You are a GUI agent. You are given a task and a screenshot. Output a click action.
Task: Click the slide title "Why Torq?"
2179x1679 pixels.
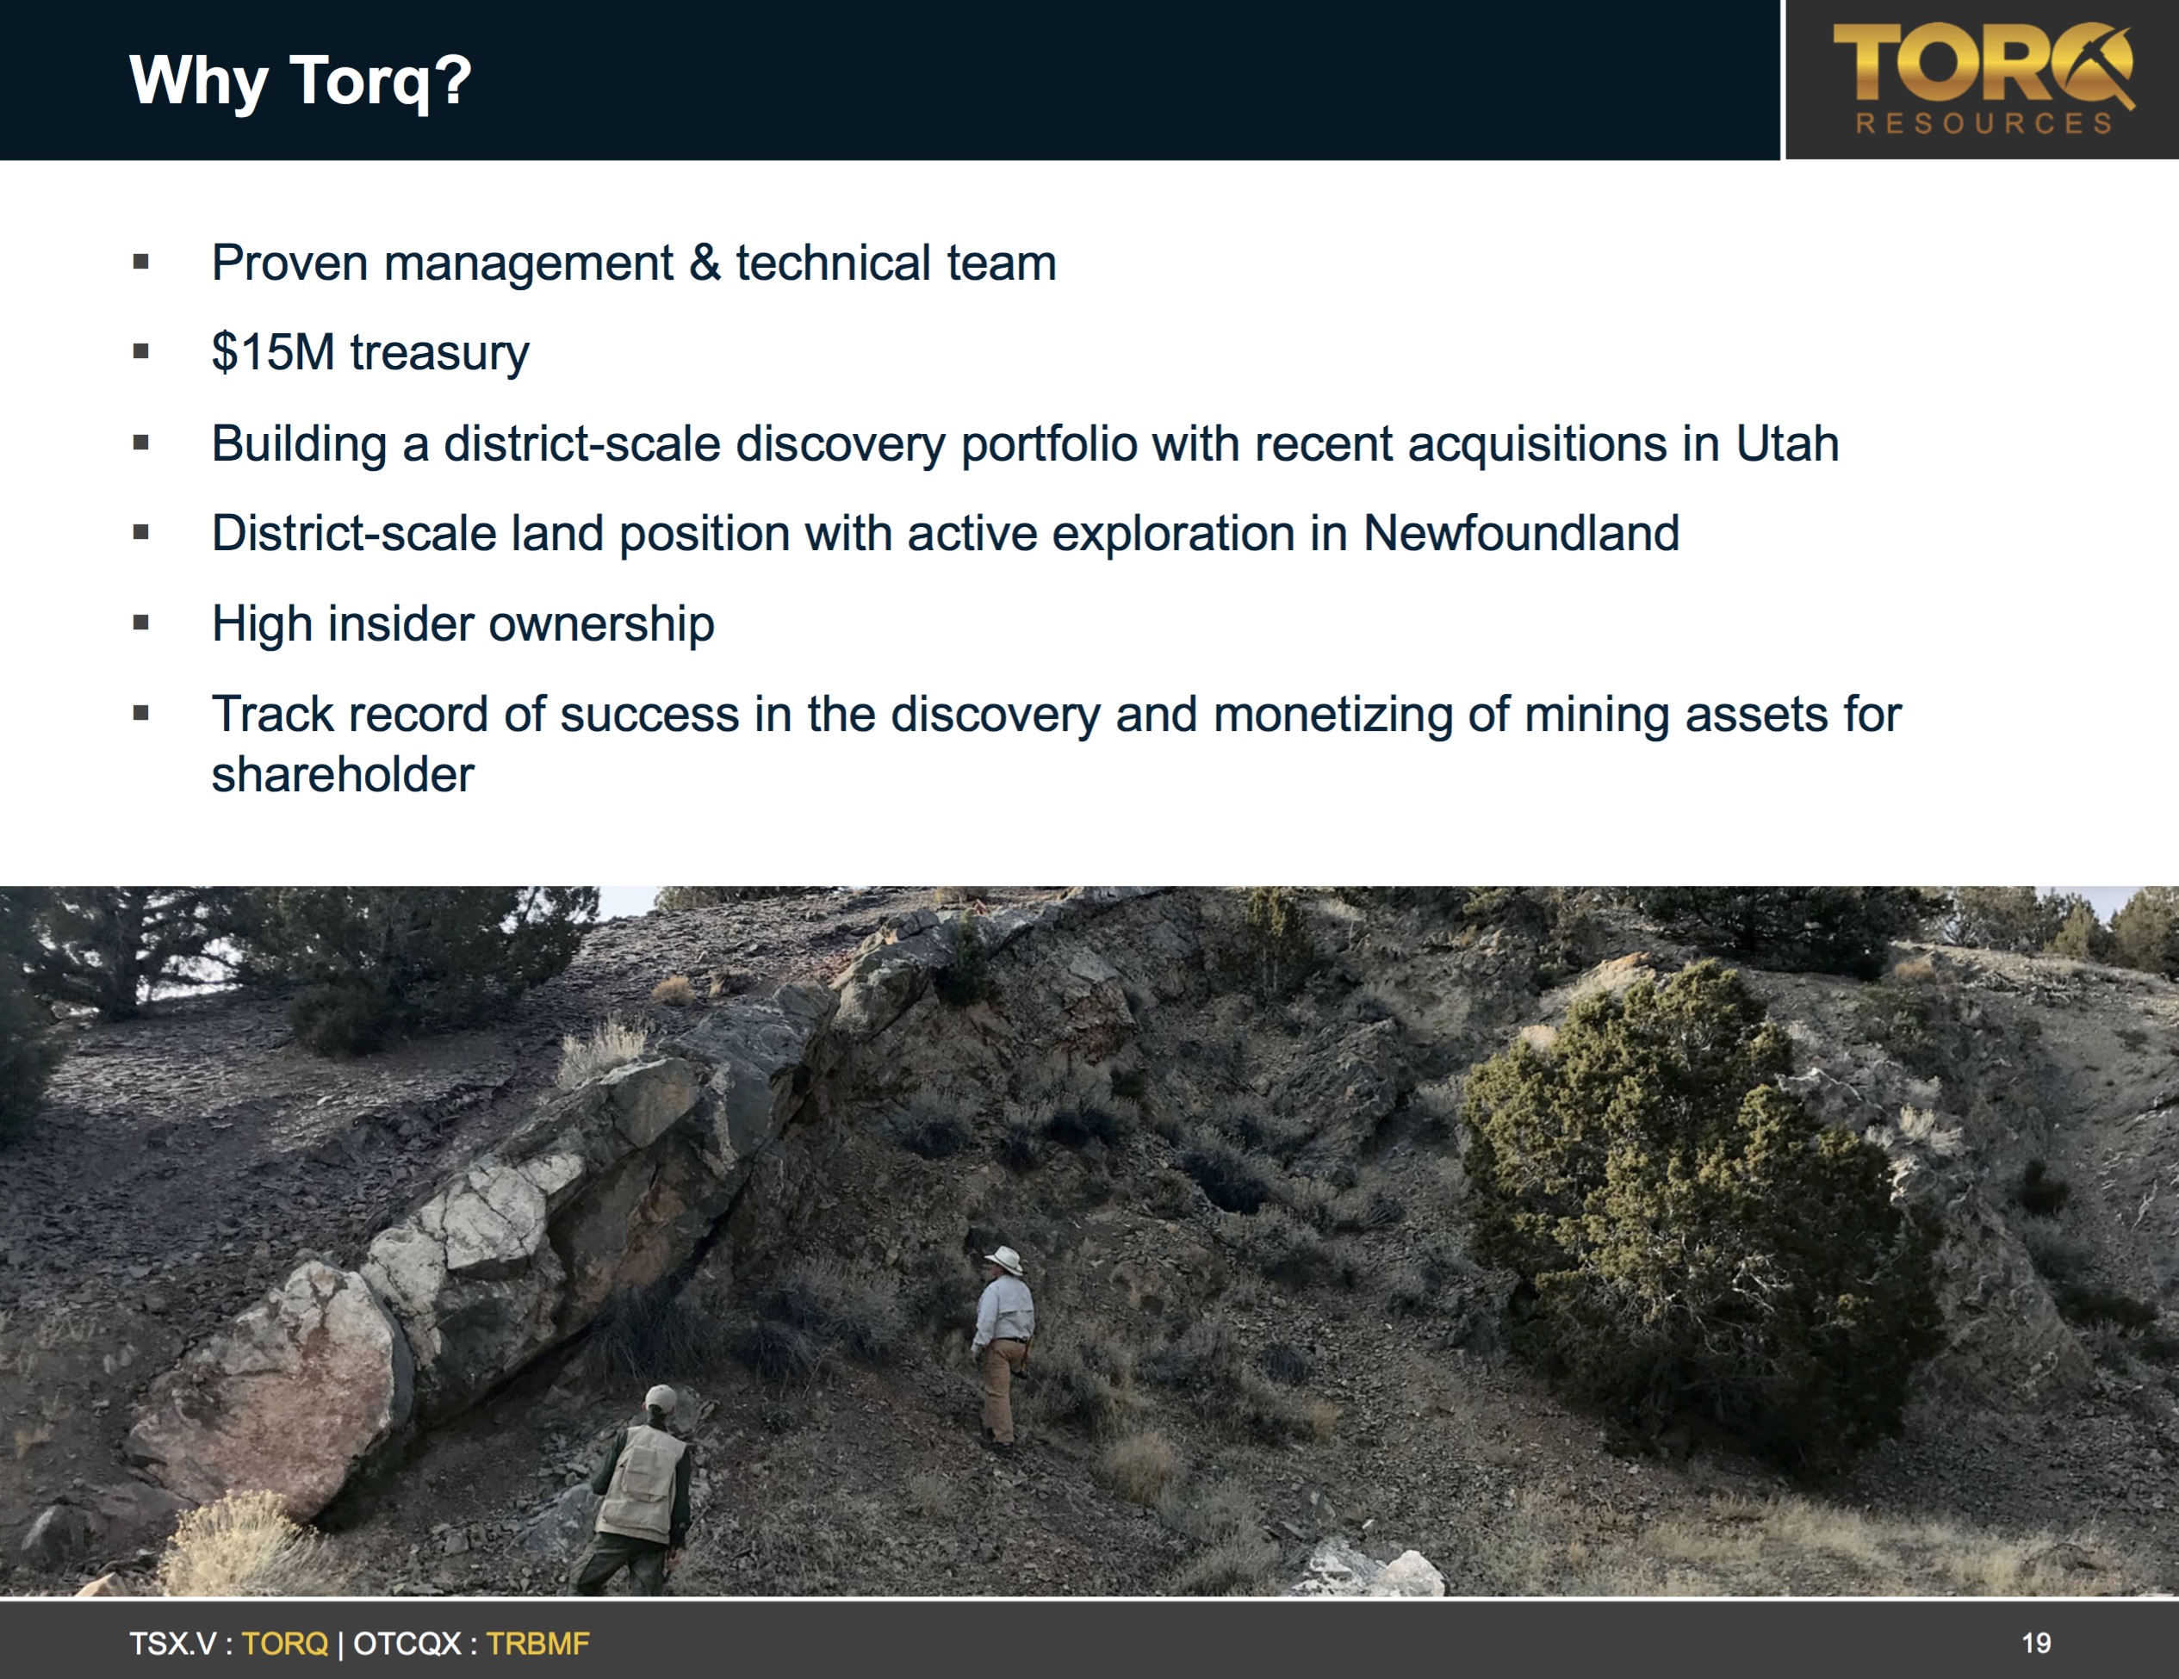pyautogui.click(x=301, y=80)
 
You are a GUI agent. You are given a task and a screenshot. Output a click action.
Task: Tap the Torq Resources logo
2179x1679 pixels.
pyautogui.click(x=1983, y=79)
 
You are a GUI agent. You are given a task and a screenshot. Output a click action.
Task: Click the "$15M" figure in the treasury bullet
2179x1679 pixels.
pyautogui.click(x=272, y=353)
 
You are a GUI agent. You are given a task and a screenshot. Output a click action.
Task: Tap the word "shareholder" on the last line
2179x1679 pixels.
pyautogui.click(x=342, y=775)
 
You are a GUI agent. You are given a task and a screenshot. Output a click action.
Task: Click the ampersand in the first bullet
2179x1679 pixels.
pyautogui.click(x=705, y=263)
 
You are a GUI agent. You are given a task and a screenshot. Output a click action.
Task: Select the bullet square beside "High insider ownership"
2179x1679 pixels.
pyautogui.click(x=140, y=623)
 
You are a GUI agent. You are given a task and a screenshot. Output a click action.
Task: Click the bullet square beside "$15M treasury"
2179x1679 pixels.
pyautogui.click(x=140, y=352)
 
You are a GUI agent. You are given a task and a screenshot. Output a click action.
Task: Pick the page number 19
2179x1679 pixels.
pyautogui.click(x=2036, y=1643)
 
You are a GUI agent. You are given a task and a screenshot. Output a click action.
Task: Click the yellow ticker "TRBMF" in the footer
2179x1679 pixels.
pyautogui.click(x=537, y=1643)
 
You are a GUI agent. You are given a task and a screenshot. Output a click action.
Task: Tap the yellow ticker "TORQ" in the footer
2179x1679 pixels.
pyautogui.click(x=284, y=1643)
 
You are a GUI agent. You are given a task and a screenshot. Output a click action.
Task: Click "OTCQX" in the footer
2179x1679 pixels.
pyautogui.click(x=407, y=1643)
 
